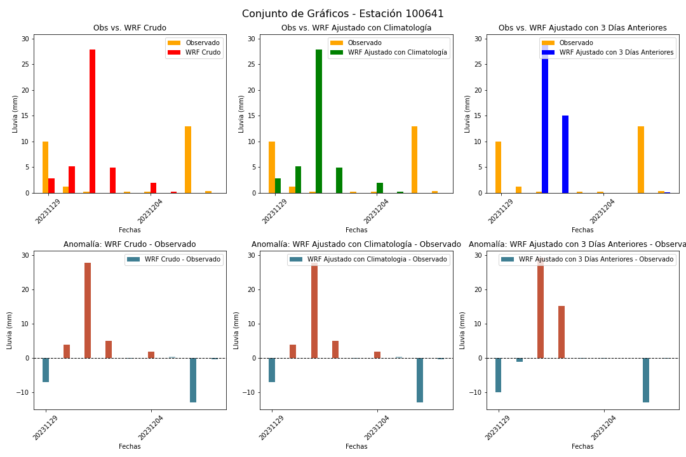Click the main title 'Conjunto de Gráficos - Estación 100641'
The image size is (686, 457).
342,13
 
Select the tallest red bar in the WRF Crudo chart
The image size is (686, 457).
92,121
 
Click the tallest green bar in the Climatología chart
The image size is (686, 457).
318,121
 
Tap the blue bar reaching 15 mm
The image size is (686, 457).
565,154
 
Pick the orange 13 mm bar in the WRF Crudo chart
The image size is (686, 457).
187,159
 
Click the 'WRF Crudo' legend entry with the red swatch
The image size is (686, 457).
194,53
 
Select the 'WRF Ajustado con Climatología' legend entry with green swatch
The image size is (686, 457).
389,53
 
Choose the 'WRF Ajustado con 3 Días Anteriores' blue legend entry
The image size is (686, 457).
608,53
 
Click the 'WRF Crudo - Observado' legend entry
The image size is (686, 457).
173,260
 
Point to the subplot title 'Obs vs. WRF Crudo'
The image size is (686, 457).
130,28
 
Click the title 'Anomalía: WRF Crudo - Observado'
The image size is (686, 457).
130,244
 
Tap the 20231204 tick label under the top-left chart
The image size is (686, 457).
150,211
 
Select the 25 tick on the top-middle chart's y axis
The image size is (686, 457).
251,65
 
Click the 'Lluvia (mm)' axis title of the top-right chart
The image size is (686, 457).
467,114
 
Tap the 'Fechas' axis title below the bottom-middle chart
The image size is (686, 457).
356,446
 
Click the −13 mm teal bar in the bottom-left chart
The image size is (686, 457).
193,380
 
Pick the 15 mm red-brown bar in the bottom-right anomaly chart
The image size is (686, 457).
562,332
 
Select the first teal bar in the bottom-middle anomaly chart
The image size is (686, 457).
272,370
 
